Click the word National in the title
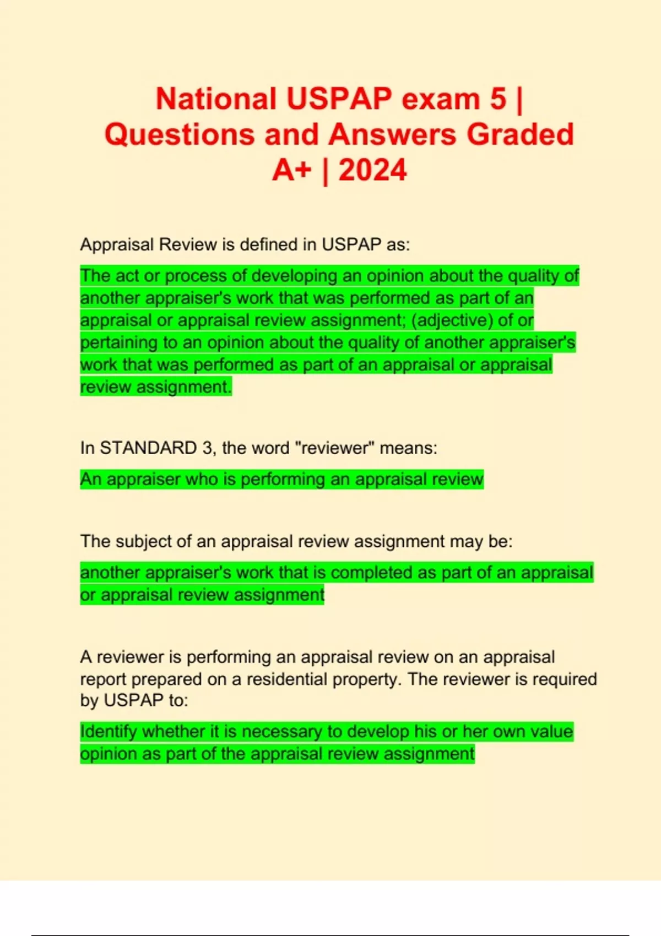[216, 99]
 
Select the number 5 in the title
[498, 99]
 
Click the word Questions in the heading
[180, 134]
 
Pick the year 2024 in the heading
[372, 170]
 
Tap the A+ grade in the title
[291, 170]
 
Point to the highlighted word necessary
[281, 732]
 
